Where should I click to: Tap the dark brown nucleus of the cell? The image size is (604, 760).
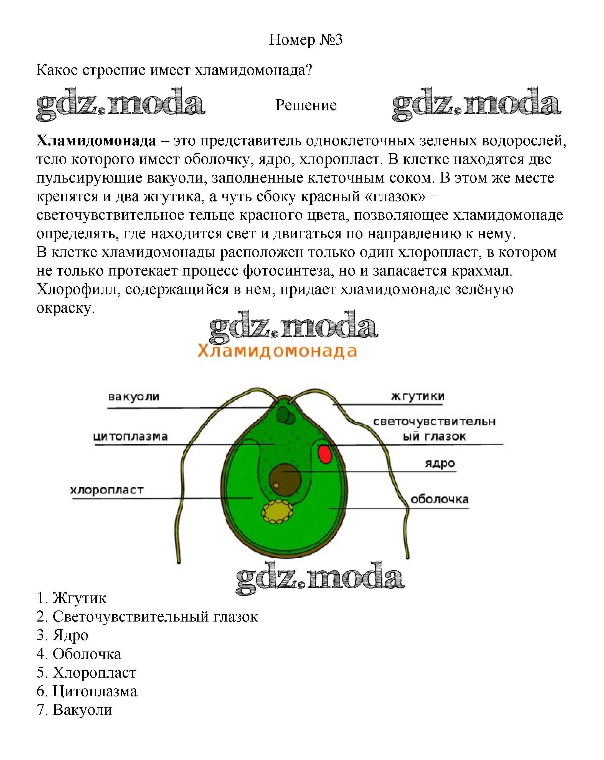[285, 480]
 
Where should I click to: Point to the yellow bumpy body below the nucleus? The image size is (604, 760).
[277, 511]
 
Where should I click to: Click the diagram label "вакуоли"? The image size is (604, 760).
[134, 397]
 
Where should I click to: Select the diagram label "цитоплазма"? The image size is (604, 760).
[130, 436]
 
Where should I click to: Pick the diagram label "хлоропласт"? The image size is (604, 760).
[107, 490]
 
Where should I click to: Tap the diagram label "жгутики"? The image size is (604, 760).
[418, 396]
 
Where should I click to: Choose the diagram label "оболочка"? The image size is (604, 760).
[440, 499]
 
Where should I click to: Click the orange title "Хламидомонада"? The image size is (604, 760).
[277, 351]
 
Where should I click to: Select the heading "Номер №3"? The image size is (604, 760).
[306, 39]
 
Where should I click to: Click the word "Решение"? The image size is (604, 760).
[306, 105]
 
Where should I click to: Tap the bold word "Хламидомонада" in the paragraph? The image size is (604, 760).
[96, 140]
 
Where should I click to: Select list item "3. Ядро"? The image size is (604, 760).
[62, 635]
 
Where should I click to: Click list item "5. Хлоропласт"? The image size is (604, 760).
[86, 673]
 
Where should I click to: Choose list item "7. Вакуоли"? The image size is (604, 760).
[74, 710]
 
